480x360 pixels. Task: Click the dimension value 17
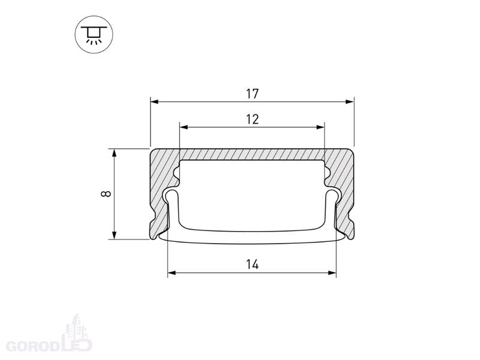tap(252, 94)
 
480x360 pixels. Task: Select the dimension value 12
tap(252, 119)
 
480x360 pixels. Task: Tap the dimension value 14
tap(252, 264)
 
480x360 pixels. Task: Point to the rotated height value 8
tap(106, 194)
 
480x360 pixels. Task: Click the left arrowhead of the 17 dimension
tap(155, 101)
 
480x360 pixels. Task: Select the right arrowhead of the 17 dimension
tap(350, 101)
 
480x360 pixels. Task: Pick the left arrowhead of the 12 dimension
tap(184, 127)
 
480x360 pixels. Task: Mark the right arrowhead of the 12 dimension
tap(320, 127)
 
